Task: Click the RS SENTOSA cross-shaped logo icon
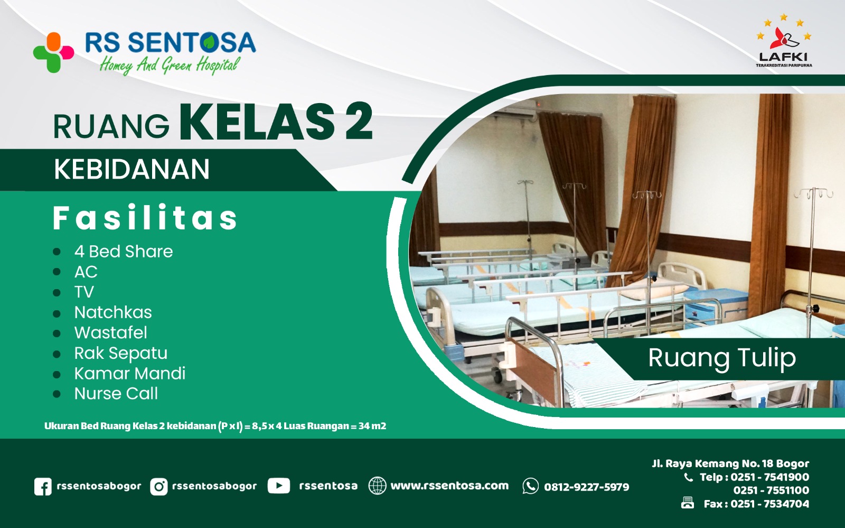point(53,52)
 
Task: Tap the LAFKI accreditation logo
point(784,42)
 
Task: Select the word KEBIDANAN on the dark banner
point(132,170)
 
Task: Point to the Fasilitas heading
point(145,218)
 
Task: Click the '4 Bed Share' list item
point(124,252)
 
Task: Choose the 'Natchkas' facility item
point(113,312)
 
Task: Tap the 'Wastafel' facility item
point(111,332)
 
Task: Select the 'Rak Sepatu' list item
point(121,353)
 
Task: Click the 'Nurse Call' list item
point(116,394)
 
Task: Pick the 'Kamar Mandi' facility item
point(130,374)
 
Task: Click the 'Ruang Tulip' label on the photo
point(722,358)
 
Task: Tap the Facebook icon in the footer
point(43,487)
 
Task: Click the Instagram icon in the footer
point(158,487)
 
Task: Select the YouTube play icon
point(278,486)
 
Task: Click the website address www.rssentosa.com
point(449,486)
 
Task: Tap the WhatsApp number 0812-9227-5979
point(586,487)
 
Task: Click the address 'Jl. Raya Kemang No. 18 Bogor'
point(730,464)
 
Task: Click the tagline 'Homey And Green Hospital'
point(170,65)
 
